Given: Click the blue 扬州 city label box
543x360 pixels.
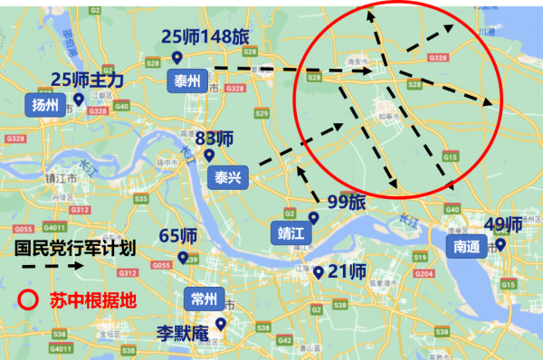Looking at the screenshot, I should pos(44,106).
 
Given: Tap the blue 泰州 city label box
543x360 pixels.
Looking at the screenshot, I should pos(187,81).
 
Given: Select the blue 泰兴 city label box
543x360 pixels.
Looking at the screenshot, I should pos(227,177).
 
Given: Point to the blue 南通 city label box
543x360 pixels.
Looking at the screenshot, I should pos(467,245).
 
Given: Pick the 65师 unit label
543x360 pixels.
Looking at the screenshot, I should pos(178,236).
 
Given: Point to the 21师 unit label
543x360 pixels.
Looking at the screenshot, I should pos(347,271).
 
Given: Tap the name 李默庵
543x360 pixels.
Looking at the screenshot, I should pos(182,333).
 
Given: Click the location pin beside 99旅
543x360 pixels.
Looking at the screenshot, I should pos(314,217).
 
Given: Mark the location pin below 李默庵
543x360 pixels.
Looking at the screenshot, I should pos(220,323).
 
